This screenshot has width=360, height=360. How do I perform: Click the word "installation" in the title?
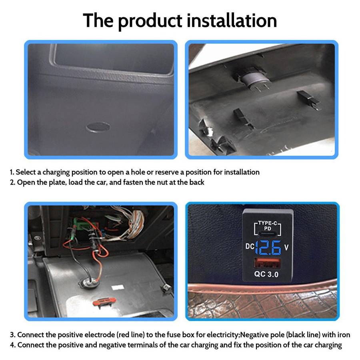[232, 21]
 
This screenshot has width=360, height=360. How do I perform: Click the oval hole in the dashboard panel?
[98, 127]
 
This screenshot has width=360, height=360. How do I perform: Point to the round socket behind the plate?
[254, 79]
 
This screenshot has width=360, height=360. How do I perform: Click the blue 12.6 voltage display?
[268, 248]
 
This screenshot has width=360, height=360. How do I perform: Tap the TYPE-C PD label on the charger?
[268, 226]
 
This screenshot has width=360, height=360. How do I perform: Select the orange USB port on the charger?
[267, 263]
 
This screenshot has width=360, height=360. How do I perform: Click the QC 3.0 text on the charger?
[266, 274]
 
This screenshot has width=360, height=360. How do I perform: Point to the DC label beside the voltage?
[250, 246]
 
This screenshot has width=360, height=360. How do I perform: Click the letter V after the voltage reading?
[286, 247]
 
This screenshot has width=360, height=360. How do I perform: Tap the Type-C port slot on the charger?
[268, 234]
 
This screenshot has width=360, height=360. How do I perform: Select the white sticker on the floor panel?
[118, 287]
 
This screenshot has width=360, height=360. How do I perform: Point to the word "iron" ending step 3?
[344, 334]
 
